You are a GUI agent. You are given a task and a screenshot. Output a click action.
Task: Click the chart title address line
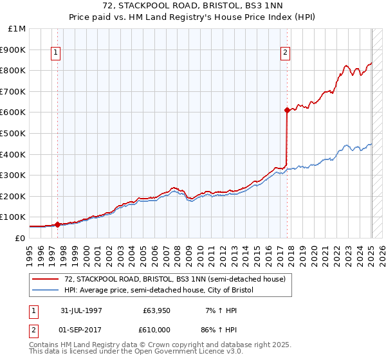[x=192, y=6]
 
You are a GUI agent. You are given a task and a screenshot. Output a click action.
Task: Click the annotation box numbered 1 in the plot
[x=57, y=53]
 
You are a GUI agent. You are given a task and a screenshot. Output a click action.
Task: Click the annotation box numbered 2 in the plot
[x=285, y=53]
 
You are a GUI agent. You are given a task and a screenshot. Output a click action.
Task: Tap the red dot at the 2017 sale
[x=287, y=110]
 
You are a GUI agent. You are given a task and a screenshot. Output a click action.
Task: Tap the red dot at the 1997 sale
[x=57, y=224]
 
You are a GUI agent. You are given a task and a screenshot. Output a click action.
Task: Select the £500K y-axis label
[x=14, y=133]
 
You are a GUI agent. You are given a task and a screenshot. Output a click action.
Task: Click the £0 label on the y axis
[x=21, y=238]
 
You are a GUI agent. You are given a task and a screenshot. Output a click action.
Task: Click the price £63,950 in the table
[x=157, y=310]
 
